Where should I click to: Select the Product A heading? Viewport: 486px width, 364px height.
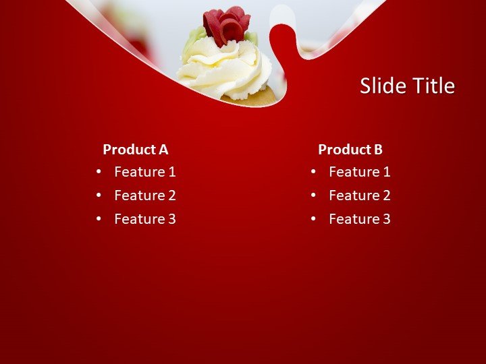point(135,150)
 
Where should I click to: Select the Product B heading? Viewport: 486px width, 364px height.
point(350,150)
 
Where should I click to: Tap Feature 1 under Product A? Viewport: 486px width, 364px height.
point(145,172)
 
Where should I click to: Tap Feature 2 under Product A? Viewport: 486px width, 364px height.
point(145,195)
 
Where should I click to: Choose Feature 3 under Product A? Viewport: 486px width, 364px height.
point(145,219)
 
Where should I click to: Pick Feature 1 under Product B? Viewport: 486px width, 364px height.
point(360,172)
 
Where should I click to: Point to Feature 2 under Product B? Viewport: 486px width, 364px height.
point(360,195)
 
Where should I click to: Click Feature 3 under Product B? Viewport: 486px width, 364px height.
point(360,219)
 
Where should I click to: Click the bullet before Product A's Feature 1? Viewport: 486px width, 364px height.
point(99,172)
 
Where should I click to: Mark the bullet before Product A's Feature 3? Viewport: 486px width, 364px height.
point(99,219)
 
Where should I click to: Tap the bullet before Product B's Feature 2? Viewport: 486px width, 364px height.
point(313,195)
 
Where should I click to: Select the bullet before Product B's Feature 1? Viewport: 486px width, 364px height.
point(313,172)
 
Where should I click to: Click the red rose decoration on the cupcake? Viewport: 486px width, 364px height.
point(225,24)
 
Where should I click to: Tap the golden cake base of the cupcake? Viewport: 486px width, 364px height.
point(260,96)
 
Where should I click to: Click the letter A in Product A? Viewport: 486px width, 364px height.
point(163,150)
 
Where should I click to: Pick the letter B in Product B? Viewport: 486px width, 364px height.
point(378,150)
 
